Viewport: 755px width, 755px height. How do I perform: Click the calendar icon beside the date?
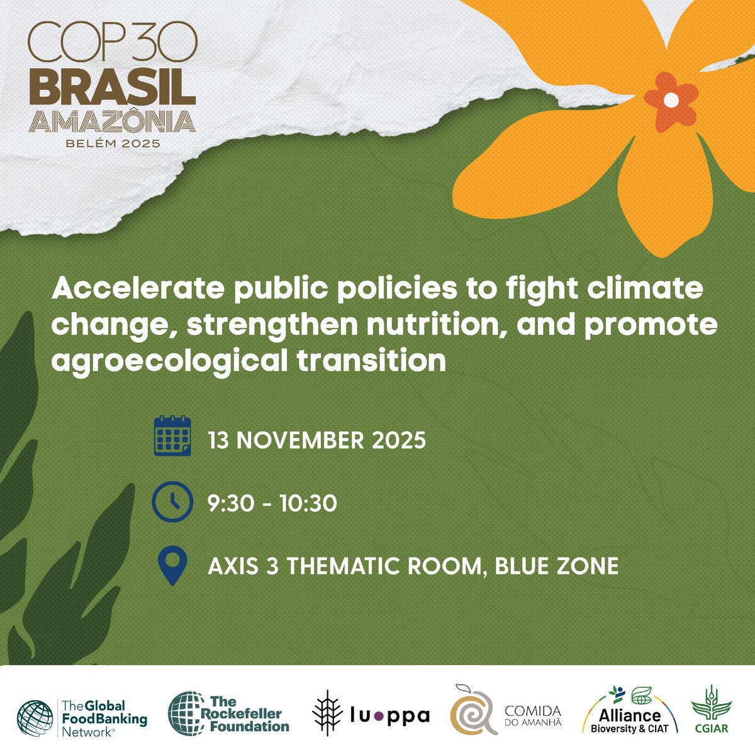[172, 435]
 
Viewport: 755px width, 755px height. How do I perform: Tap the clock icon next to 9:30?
[172, 501]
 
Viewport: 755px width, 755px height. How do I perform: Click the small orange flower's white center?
[671, 99]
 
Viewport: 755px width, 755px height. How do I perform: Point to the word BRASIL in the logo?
[112, 90]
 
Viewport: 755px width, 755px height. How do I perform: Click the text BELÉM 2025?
[113, 143]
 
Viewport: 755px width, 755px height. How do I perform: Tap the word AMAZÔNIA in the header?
[113, 121]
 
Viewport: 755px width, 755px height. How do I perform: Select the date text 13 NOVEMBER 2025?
[316, 440]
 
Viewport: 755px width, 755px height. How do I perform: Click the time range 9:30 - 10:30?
[272, 503]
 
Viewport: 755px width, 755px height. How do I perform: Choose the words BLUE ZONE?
[557, 566]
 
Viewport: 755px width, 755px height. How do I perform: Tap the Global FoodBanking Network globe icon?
[36, 717]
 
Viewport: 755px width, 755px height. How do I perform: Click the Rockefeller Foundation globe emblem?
[186, 714]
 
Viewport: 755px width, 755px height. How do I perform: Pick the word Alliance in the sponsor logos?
[629, 714]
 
